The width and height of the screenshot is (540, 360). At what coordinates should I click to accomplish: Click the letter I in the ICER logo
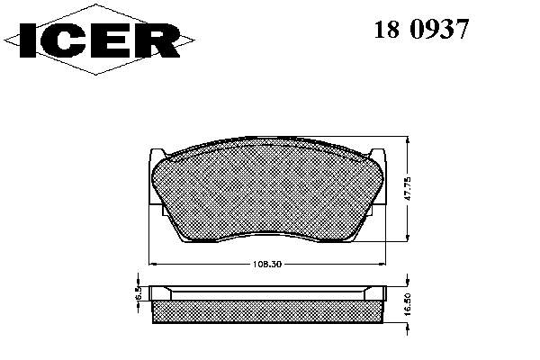coord(28,40)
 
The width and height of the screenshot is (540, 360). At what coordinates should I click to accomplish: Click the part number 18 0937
coord(421,29)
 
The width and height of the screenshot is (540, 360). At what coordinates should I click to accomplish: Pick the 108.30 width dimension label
coord(267,265)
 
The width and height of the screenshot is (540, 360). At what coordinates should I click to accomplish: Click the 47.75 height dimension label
coord(407,188)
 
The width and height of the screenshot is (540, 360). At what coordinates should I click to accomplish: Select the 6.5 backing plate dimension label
coord(138,292)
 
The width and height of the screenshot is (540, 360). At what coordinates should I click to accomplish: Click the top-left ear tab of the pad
coord(157,154)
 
